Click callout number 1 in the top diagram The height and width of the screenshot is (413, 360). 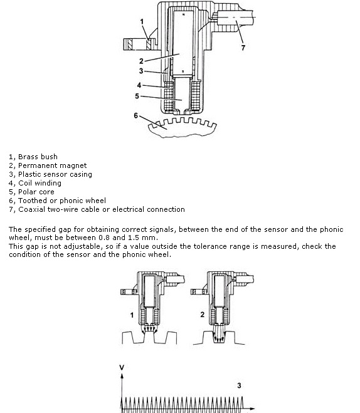[x=142, y=21]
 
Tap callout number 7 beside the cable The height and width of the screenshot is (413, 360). [x=243, y=48]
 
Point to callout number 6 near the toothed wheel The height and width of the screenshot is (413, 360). [x=135, y=115]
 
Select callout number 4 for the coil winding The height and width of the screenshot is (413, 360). [x=139, y=85]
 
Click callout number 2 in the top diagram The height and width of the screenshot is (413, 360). [x=141, y=61]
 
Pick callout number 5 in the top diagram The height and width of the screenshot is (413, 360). [x=137, y=96]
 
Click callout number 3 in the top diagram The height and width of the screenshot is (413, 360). [x=141, y=71]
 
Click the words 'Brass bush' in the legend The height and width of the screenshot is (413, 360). [x=38, y=157]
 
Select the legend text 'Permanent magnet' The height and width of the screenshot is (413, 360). [x=52, y=165]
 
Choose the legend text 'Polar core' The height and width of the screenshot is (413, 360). [x=36, y=192]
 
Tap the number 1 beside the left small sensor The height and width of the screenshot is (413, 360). [x=132, y=315]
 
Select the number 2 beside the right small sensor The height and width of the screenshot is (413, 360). [x=202, y=315]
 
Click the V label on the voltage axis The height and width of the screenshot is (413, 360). [x=122, y=367]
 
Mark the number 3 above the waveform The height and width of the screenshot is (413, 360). [x=239, y=385]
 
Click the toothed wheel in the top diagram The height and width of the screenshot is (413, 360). [x=183, y=128]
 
